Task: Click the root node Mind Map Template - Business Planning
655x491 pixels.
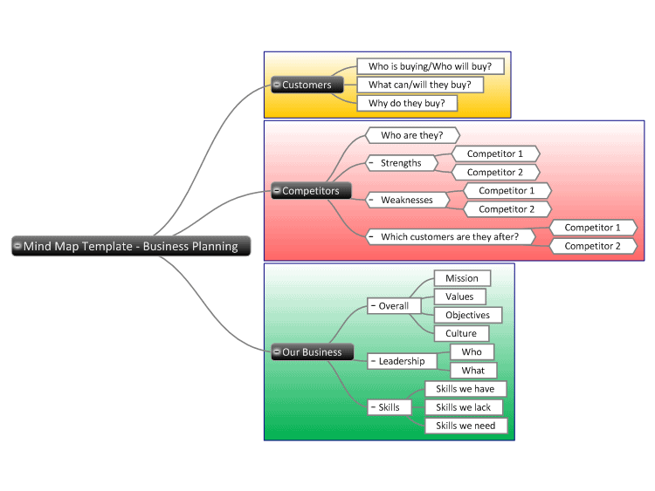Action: [x=131, y=246]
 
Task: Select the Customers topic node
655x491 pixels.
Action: [x=307, y=85]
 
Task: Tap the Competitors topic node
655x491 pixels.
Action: [x=311, y=191]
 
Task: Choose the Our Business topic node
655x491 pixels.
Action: [x=313, y=352]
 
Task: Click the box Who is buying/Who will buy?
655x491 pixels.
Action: [x=431, y=66]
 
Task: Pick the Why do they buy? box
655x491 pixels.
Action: [x=407, y=103]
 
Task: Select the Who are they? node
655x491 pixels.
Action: [x=412, y=135]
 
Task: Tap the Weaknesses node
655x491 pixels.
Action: [x=407, y=200]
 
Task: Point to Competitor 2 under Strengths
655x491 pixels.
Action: [x=495, y=173]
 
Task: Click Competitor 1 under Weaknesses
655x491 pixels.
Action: [x=507, y=191]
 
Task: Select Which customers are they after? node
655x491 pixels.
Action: [x=451, y=236]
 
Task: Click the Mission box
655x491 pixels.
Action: [x=462, y=278]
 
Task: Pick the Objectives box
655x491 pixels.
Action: [x=468, y=315]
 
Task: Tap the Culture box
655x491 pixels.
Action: [x=461, y=333]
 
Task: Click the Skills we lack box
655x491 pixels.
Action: [x=464, y=407]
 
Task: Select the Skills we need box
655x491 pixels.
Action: [x=466, y=426]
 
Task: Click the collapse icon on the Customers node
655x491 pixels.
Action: [x=277, y=85]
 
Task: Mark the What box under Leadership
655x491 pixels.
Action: [x=473, y=371]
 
